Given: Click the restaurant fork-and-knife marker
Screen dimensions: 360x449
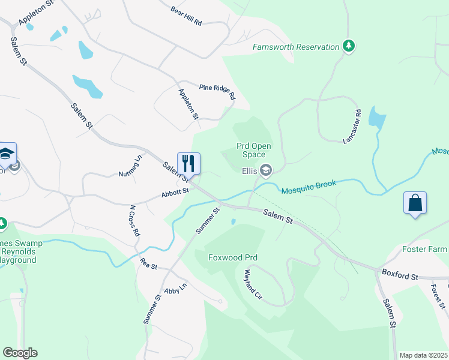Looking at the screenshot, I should coord(188,163).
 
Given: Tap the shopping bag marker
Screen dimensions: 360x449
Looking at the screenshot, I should coord(415,203).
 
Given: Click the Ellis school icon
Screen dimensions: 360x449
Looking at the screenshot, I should coord(265,171).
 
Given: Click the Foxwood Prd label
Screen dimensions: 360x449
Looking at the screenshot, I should coord(233,257).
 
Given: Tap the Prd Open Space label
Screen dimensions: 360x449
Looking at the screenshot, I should coord(253,150).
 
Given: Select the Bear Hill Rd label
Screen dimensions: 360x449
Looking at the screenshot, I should coord(186,16).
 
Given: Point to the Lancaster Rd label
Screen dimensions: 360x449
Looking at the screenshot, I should coord(352,126).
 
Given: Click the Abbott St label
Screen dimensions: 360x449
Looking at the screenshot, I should coord(175,193).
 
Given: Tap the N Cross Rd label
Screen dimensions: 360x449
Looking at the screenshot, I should coord(135,220).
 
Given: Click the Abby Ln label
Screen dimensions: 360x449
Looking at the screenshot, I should coord(175,289).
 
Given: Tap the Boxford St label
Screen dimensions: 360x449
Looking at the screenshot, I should coord(399,274).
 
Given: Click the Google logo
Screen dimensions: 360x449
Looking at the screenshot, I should coord(20,353).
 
